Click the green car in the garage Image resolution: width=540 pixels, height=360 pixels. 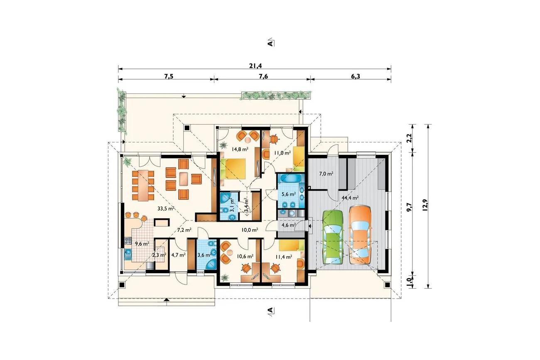click(x=333, y=238)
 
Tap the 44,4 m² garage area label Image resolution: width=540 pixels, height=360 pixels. click(x=350, y=198)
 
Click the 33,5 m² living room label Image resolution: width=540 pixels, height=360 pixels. click(x=166, y=208)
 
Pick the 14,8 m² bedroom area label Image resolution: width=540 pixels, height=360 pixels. click(x=240, y=149)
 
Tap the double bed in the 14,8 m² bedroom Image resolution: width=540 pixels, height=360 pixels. click(x=233, y=169)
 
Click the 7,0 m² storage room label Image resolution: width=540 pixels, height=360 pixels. click(x=326, y=174)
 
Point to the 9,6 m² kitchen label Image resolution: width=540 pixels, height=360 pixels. click(x=142, y=244)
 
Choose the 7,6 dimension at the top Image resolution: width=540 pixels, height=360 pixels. click(x=263, y=76)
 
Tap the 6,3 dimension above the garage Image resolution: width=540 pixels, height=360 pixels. click(x=355, y=76)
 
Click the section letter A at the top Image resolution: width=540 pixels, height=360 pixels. click(x=271, y=43)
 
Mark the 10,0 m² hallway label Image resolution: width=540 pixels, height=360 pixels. click(x=250, y=230)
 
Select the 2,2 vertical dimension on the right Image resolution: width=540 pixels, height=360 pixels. click(x=410, y=138)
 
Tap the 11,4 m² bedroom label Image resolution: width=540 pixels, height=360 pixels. click(x=284, y=257)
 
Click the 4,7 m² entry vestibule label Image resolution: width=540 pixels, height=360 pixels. click(x=178, y=255)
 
